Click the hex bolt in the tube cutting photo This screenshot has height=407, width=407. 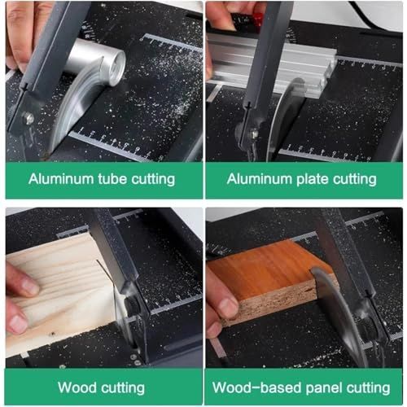28,119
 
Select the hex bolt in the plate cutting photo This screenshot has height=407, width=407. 254,133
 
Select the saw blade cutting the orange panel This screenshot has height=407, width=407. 339,316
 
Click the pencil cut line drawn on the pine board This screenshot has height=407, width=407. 104,270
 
